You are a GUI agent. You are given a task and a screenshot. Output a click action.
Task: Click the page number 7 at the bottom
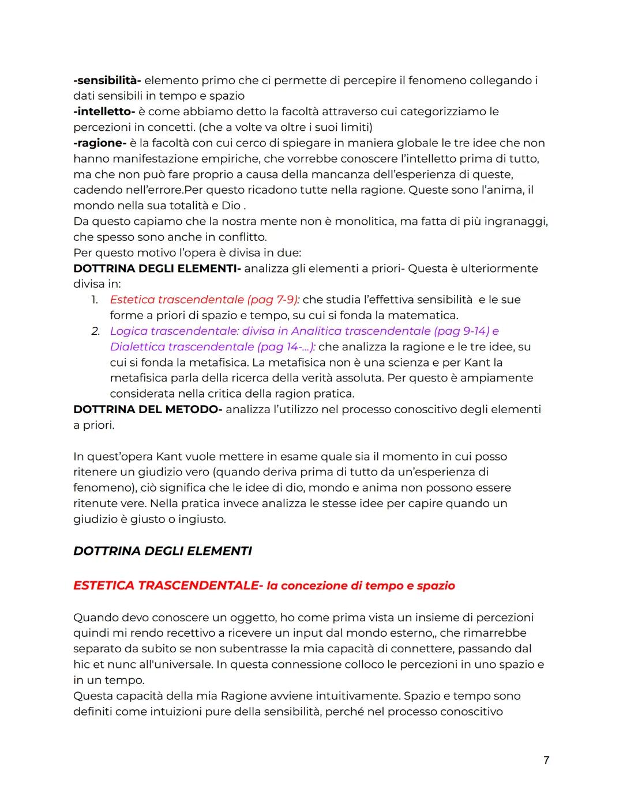[x=546, y=760]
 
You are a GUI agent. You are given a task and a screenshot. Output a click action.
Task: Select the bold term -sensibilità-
[x=107, y=81]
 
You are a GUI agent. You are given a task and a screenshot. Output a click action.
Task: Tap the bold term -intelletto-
[x=104, y=112]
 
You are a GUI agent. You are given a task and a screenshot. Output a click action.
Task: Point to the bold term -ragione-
[x=100, y=143]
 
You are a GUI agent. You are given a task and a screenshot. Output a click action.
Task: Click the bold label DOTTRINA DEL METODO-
[x=148, y=410]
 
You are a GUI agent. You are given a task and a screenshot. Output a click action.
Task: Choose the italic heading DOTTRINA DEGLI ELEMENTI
[x=163, y=551]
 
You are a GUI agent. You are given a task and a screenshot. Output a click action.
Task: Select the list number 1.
[x=95, y=300]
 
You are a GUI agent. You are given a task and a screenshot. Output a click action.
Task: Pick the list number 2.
[x=95, y=331]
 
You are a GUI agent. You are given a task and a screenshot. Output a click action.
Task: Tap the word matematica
[x=422, y=315]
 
